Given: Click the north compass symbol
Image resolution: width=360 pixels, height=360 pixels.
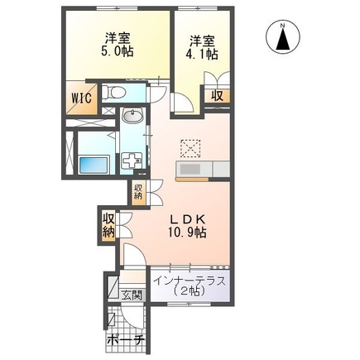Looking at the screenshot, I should [283, 38].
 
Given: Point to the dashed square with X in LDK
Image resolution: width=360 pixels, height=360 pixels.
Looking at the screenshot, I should [189, 147].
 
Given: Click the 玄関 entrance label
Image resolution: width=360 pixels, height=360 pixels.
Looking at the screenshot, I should [133, 295].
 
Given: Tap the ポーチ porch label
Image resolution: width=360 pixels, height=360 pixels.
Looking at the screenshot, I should [127, 341].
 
